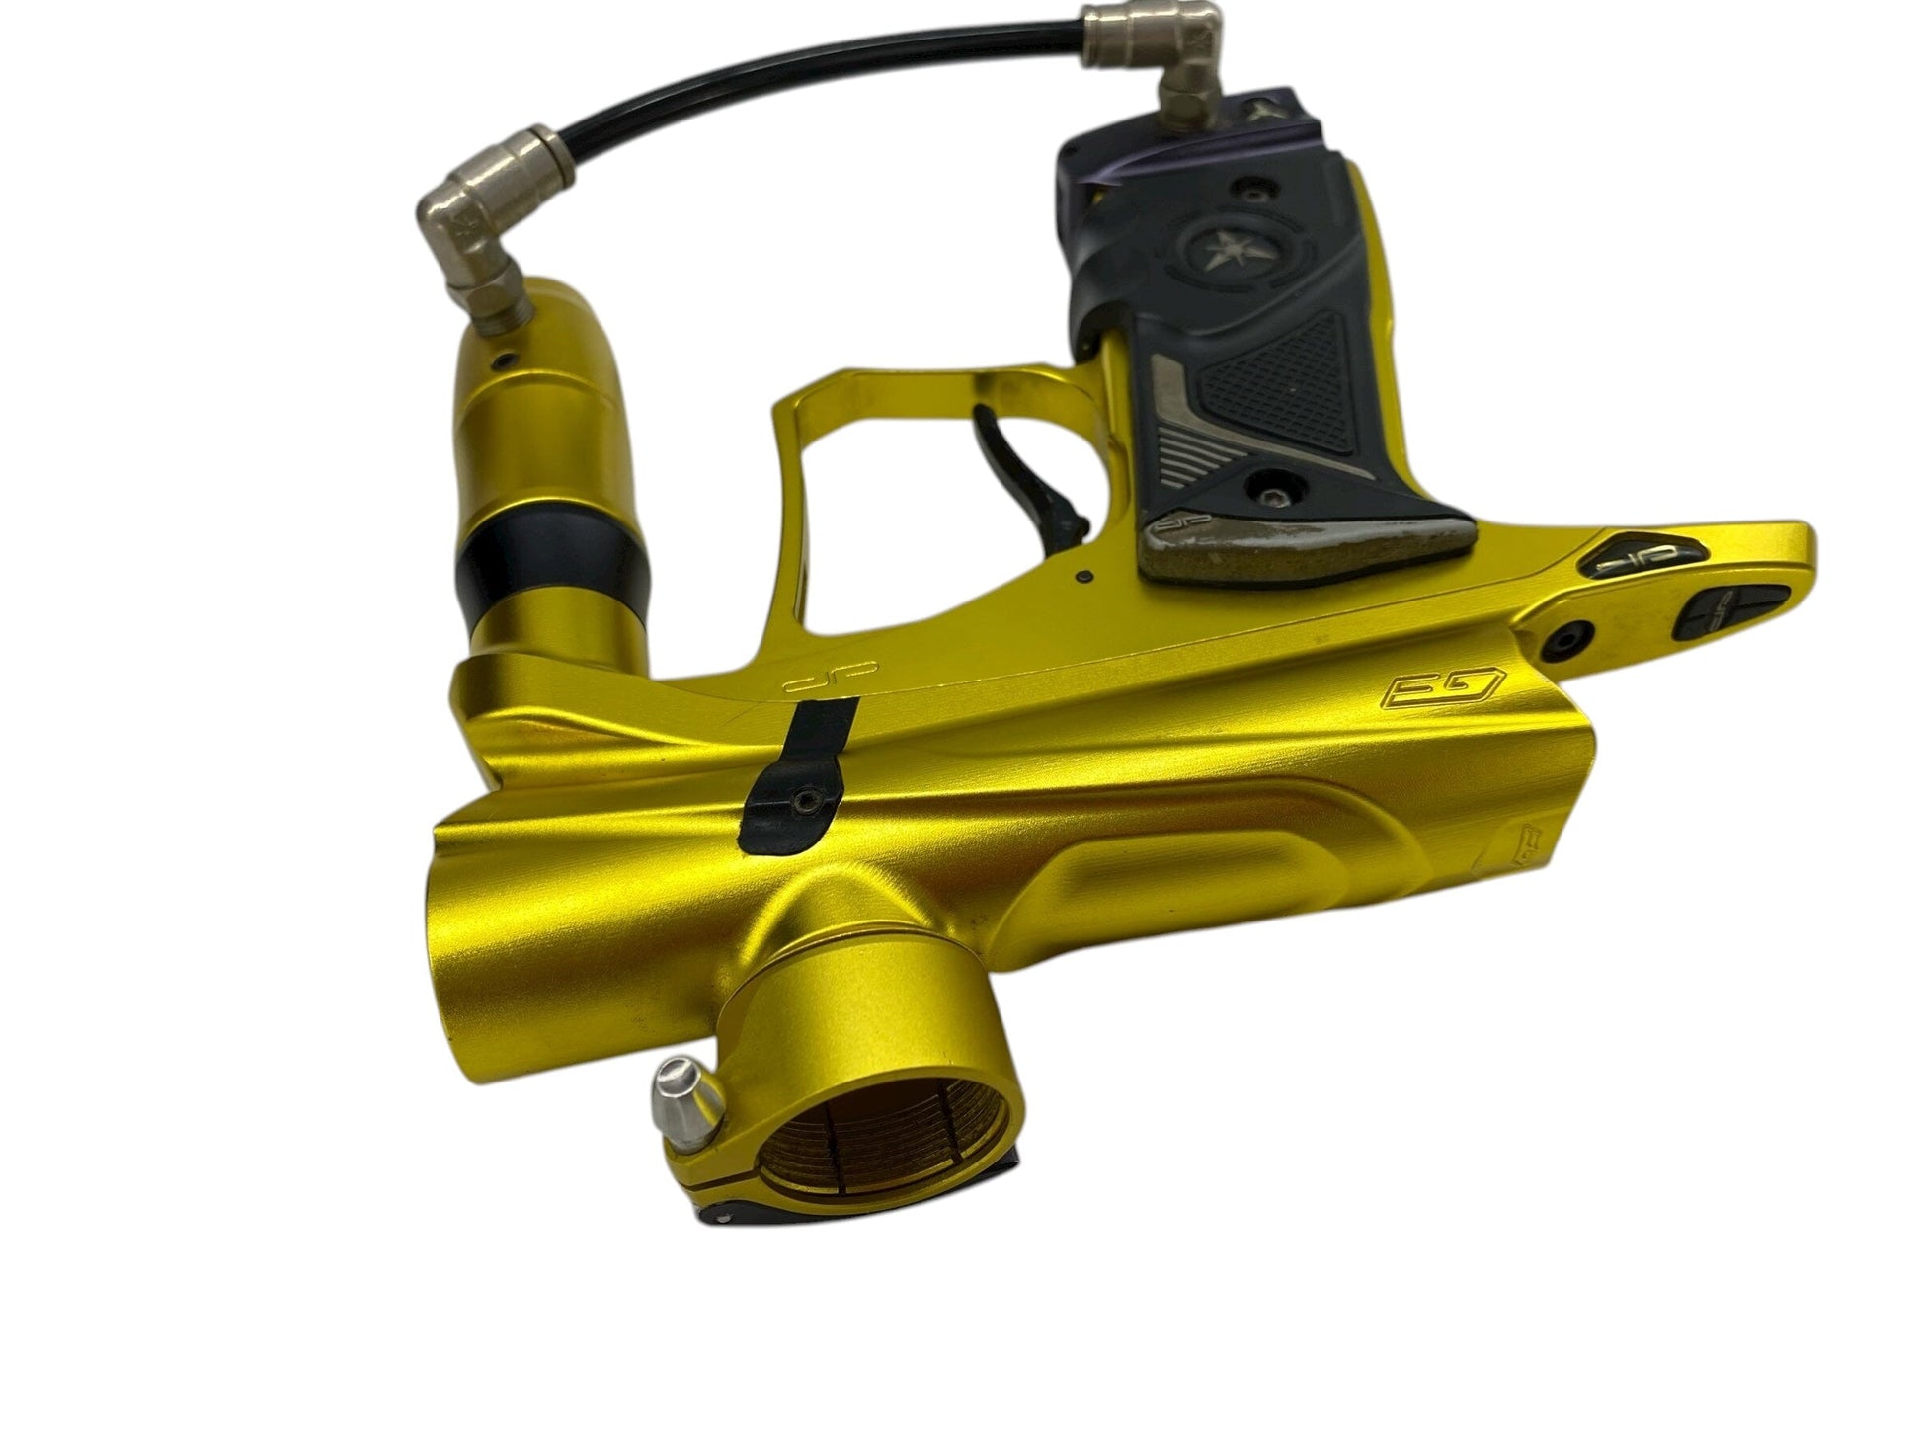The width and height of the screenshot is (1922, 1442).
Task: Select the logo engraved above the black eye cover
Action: (806, 683)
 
